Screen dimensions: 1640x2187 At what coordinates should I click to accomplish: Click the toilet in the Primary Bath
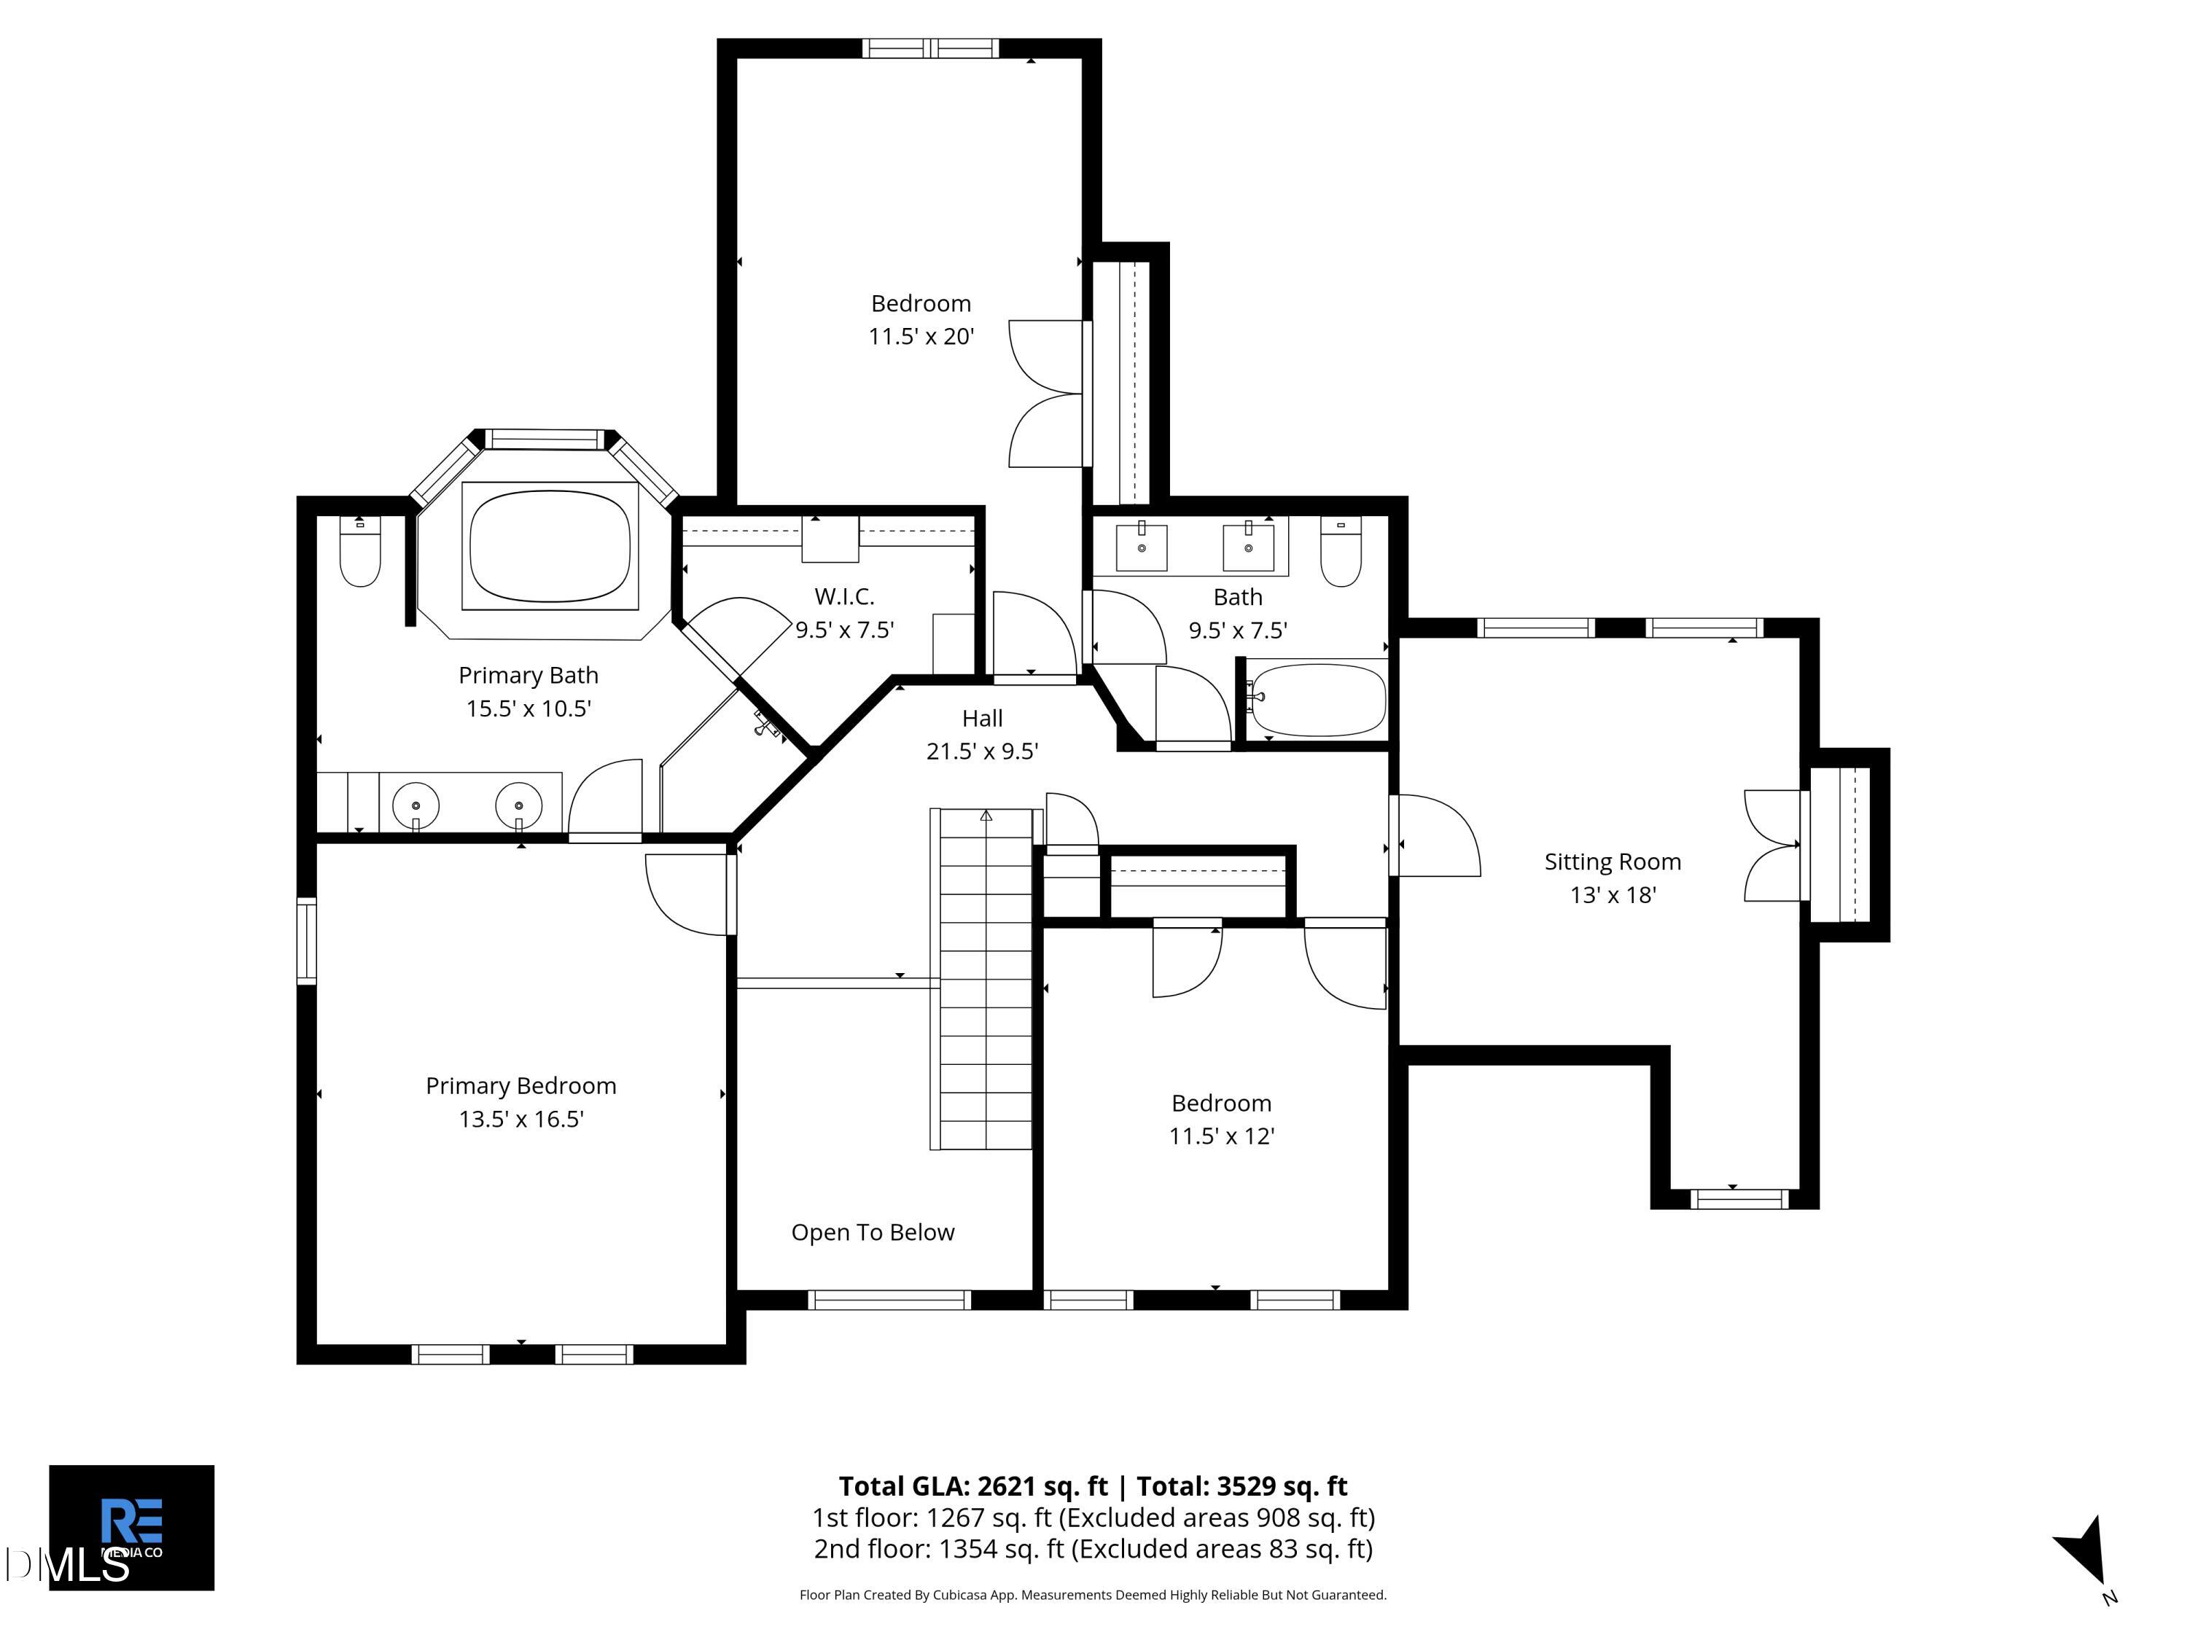360,552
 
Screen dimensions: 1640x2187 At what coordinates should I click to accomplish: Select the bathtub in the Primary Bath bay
550,547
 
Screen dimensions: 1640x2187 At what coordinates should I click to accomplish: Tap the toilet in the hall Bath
1341,552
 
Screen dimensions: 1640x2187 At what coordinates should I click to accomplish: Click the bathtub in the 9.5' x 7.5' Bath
1317,700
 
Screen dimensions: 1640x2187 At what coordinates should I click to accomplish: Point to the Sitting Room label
1613,862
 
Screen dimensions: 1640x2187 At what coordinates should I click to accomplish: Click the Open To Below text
873,1233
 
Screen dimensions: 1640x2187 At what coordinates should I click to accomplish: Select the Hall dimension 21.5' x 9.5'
982,751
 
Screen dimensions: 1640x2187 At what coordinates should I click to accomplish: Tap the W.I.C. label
844,596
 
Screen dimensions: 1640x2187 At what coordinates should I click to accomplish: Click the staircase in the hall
985,979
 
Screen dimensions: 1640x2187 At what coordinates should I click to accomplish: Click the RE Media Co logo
131,1527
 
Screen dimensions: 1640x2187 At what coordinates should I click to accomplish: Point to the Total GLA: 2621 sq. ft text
973,1487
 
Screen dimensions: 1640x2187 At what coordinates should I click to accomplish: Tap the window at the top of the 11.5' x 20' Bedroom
930,48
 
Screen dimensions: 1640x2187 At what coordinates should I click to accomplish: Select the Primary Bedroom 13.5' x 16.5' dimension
521,1119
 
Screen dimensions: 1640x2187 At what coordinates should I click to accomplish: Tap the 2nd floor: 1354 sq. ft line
1093,1549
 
